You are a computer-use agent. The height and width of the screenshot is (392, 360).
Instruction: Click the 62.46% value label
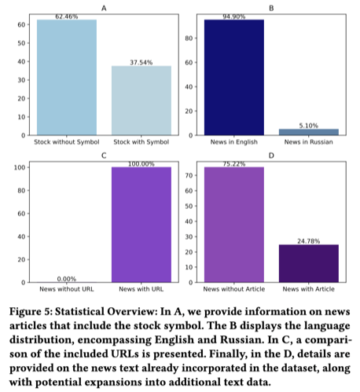67,16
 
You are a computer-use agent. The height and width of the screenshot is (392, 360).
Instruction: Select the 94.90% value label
233,15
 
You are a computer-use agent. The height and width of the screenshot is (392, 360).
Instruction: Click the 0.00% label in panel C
67,278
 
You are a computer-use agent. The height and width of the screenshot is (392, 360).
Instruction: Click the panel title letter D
270,156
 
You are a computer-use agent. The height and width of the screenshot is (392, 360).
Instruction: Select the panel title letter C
104,156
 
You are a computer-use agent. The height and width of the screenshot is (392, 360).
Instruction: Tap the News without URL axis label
67,289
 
